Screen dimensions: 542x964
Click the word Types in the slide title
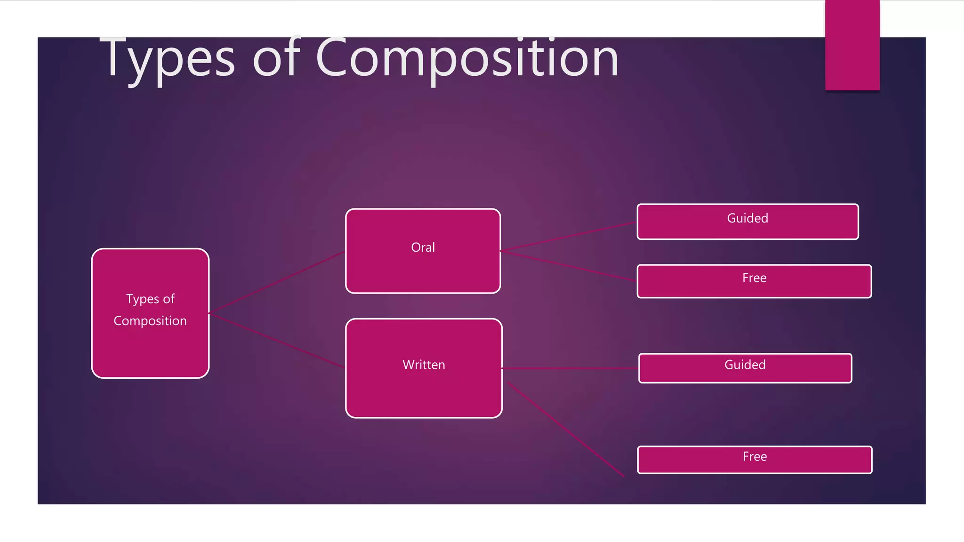[168, 59]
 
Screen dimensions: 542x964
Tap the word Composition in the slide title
[467, 59]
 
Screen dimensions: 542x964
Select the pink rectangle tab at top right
[852, 45]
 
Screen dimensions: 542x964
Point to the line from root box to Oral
[277, 282]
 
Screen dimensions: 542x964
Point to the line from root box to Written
[277, 340]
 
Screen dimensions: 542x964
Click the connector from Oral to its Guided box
[567, 237]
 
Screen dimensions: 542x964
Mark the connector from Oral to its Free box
[567, 266]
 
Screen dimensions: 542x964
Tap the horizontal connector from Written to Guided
[570, 368]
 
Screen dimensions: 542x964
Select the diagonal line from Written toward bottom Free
[565, 429]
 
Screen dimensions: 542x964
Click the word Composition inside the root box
[150, 321]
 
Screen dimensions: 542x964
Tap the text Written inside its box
[424, 365]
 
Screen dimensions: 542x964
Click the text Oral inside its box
[423, 247]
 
